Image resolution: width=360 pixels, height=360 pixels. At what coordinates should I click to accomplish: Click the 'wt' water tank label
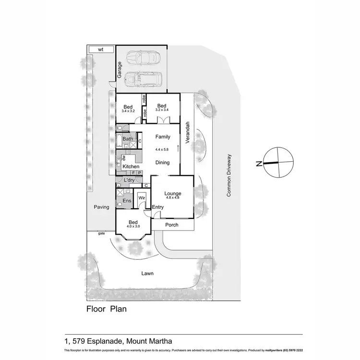[100, 49]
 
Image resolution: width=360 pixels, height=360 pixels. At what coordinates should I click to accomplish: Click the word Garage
[120, 70]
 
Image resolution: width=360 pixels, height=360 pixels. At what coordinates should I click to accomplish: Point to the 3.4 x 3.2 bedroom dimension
[128, 111]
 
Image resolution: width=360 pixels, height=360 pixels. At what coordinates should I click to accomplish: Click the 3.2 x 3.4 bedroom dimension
[162, 110]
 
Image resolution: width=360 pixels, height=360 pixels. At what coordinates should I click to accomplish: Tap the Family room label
[163, 137]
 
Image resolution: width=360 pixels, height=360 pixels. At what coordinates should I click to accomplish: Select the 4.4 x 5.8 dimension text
[163, 149]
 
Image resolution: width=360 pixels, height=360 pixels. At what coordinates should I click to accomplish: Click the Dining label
[163, 163]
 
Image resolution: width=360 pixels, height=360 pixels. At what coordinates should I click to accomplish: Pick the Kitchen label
[131, 167]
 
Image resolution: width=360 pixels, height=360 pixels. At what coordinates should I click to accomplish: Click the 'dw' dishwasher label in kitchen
[124, 157]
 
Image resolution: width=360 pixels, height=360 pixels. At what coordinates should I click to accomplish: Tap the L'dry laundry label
[129, 180]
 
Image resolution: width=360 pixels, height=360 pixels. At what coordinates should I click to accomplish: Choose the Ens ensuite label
[127, 201]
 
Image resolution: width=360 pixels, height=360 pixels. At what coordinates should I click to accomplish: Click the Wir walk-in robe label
[142, 198]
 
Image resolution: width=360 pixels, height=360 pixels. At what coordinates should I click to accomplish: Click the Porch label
[171, 225]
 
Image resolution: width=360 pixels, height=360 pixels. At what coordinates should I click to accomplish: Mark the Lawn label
[147, 274]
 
